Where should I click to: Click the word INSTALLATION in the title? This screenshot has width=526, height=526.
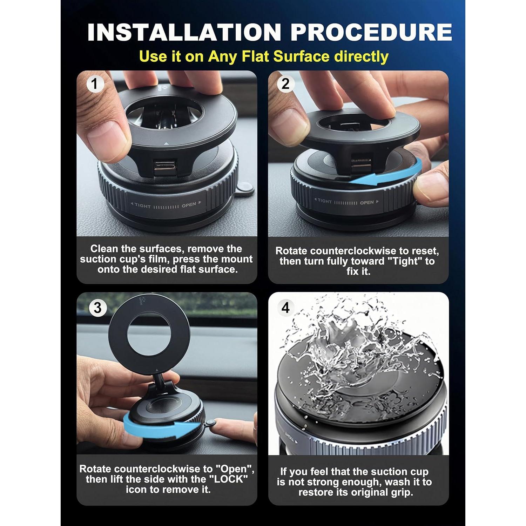coord(184,32)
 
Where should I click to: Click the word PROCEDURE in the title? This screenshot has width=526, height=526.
coord(371,32)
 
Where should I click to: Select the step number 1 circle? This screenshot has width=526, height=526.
coord(94,84)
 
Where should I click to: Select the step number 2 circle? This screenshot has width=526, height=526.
coord(285,84)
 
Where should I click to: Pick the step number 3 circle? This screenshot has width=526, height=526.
coord(97,308)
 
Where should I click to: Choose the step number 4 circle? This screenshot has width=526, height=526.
coord(285,308)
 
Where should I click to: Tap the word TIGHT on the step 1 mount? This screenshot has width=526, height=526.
coord(142,206)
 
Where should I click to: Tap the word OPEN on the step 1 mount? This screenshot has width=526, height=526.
coord(189,205)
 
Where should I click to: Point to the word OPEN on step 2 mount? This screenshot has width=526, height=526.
coord(367,202)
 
